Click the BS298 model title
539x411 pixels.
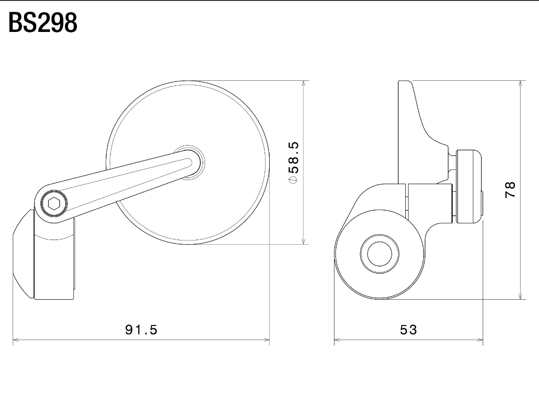click(43, 23)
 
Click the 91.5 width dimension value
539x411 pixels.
click(141, 330)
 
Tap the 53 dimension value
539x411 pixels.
click(409, 330)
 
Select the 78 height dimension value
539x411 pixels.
click(510, 190)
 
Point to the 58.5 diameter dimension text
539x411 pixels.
click(294, 157)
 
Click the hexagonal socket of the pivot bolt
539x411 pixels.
click(54, 203)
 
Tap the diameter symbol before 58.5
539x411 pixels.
click(294, 179)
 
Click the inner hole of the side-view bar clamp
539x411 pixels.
click(380, 254)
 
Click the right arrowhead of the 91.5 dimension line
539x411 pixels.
click(266, 340)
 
